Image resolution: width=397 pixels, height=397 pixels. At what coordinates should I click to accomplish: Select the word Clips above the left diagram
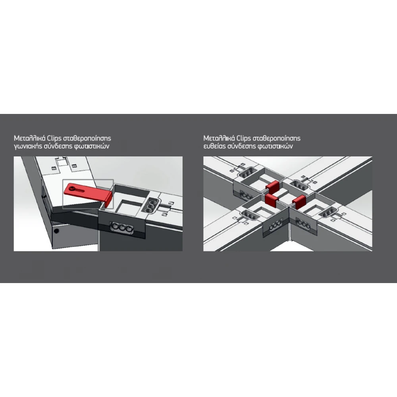(54, 139)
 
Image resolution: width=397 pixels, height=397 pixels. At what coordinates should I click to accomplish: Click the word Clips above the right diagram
(243, 139)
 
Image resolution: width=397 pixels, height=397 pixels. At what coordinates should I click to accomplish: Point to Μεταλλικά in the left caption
(29, 138)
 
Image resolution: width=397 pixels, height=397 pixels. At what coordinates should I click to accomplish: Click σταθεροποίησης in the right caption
(276, 139)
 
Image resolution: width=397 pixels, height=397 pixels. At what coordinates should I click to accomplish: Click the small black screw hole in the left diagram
(56, 231)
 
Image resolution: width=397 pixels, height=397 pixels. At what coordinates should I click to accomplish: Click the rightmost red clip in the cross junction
(299, 202)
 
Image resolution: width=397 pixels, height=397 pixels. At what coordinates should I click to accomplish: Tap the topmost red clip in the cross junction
(272, 186)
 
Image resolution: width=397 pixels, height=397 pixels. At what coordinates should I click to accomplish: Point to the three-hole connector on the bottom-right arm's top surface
(329, 212)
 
